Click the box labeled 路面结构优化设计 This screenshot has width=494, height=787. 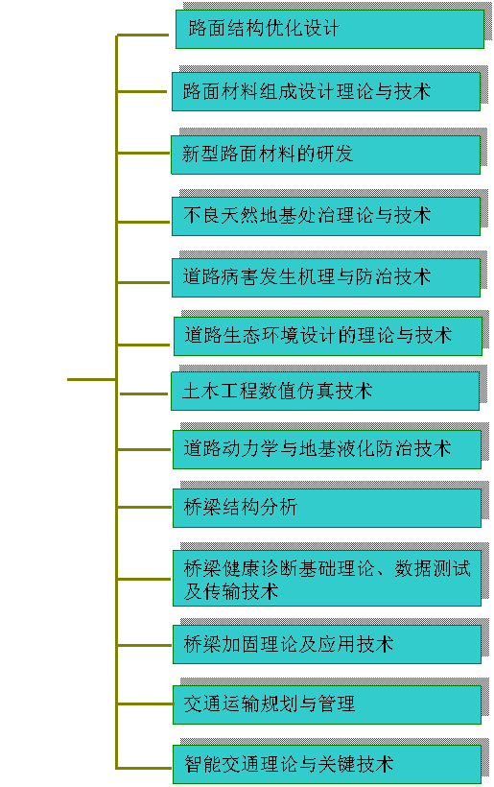click(330, 29)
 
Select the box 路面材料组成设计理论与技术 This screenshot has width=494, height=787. click(326, 92)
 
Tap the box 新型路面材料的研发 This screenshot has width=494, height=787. click(325, 155)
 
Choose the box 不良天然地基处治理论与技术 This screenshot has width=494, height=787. click(326, 216)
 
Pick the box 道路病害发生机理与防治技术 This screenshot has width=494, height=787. click(326, 277)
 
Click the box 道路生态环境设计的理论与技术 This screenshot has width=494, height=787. click(328, 336)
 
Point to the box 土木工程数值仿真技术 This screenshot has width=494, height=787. click(325, 392)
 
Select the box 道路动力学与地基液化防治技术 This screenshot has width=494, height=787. click(327, 450)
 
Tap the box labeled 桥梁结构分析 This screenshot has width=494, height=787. click(327, 508)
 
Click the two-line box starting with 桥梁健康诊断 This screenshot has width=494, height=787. click(327, 578)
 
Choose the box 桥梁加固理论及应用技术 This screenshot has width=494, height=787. click(327, 644)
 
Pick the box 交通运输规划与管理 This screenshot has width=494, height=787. click(327, 704)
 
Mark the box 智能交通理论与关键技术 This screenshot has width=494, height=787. click(327, 764)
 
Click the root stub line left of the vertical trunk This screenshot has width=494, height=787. click(92, 379)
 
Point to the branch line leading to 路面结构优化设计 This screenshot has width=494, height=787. click(143, 36)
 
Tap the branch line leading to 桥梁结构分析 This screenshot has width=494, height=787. click(145, 508)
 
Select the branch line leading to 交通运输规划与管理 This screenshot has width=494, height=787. click(145, 704)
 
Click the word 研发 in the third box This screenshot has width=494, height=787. click(335, 155)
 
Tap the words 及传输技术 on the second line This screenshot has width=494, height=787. click(231, 591)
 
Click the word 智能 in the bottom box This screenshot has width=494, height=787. click(202, 764)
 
